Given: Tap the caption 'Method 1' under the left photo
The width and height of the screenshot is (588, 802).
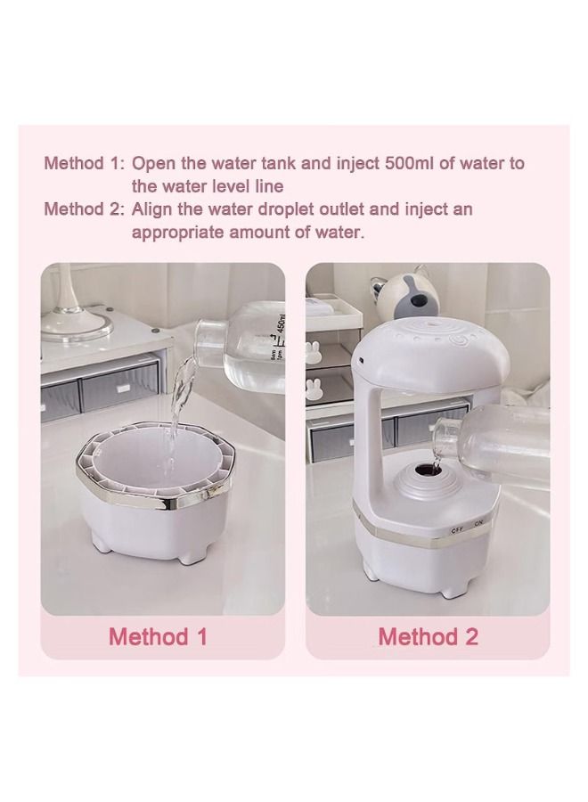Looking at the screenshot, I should coord(161,636).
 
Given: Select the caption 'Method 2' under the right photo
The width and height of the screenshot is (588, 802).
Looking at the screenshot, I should coord(428,636).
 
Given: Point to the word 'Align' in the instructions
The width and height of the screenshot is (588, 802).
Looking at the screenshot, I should coord(153,210).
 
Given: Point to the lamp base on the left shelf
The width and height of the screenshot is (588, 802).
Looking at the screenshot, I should coord(80,321).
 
